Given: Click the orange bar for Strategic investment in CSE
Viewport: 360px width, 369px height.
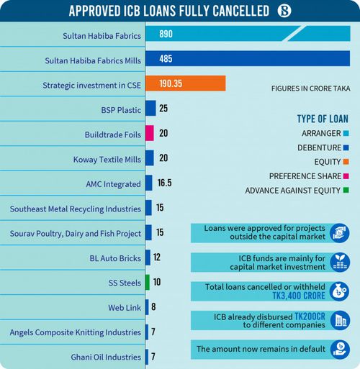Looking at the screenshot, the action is [x=185, y=83].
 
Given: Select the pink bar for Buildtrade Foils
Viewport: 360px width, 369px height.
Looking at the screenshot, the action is [x=150, y=133].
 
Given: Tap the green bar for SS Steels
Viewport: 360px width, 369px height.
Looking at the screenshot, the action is [x=148, y=282].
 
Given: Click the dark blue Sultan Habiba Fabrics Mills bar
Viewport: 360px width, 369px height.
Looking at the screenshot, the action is [x=248, y=58].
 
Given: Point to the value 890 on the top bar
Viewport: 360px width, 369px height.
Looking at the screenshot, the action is [x=166, y=34].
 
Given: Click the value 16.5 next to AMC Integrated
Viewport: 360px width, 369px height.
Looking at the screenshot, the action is [x=165, y=183].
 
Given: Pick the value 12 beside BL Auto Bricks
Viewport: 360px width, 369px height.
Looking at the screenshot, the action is [x=157, y=258].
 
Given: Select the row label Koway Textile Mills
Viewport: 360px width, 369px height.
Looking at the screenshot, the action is [x=107, y=160].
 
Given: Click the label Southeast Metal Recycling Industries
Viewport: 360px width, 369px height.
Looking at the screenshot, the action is [x=76, y=209].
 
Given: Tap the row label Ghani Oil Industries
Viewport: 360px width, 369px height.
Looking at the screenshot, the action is [x=106, y=357].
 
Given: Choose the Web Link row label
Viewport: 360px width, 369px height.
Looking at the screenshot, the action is [x=125, y=308].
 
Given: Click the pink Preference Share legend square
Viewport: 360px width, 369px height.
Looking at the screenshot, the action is [x=346, y=176].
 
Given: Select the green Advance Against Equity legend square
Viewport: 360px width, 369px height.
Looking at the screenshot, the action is [x=346, y=191].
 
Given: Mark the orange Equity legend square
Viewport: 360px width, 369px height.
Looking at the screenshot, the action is [x=346, y=162].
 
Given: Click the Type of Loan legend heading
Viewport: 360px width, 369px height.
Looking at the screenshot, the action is [x=323, y=119].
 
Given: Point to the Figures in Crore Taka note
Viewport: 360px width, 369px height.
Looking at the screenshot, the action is [x=311, y=88].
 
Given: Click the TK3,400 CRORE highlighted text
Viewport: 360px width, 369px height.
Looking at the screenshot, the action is [x=299, y=296].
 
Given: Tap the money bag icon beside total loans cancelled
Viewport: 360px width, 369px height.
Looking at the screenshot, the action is [x=340, y=291].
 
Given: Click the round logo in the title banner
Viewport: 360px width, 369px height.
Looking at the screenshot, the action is [x=284, y=11].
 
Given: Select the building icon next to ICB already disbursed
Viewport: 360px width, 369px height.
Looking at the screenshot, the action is [x=340, y=320].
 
